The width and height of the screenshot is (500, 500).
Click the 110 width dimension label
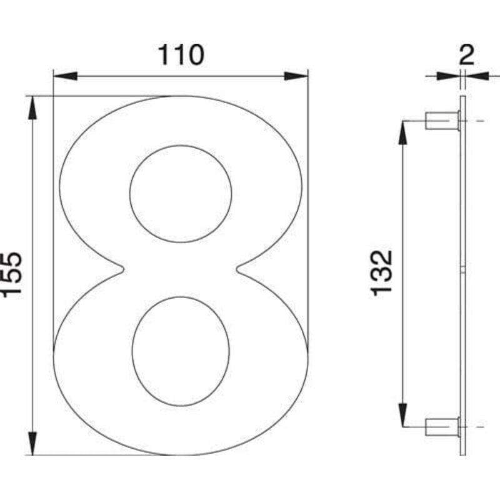180,55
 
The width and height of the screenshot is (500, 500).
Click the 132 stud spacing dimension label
381,272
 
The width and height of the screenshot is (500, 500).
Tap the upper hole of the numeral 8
181,194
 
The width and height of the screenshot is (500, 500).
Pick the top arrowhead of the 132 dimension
403,131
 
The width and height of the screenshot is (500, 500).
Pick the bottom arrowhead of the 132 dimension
403,416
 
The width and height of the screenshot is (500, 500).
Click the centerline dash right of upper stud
479,119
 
